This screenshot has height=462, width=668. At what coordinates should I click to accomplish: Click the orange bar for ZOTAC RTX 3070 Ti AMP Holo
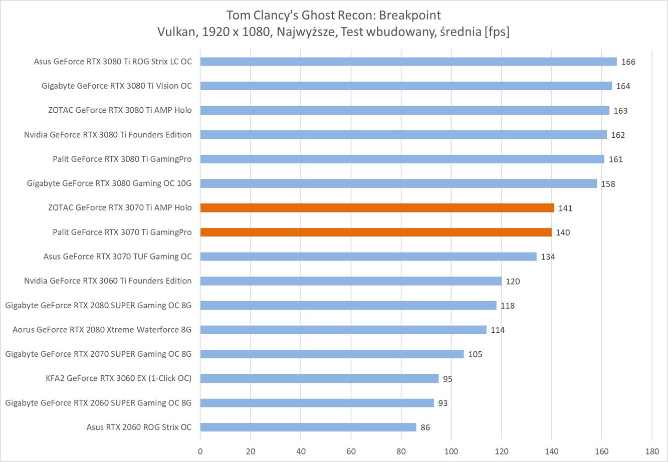pos(377,208)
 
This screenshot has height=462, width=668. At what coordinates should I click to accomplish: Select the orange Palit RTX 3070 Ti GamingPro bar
pos(376,233)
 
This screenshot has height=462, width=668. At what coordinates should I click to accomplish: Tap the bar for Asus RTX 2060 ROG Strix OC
pos(308,427)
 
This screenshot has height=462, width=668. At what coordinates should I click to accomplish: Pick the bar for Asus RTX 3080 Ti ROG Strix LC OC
pos(408,62)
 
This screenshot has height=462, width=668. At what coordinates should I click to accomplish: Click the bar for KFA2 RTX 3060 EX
pos(319,378)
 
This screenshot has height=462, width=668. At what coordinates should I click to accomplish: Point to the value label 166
pos(628,62)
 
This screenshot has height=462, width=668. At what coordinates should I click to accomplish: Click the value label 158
pos(608,184)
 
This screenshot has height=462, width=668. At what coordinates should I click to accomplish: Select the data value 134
pos(548,257)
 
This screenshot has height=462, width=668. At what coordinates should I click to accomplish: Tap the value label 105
pos(475,355)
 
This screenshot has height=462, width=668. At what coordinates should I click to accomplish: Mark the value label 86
pos(425,428)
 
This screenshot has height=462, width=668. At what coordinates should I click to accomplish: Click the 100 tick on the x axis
pos(451,451)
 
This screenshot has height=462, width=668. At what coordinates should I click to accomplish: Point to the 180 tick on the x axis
pos(651,451)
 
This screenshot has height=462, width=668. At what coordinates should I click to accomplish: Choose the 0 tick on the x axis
pos(200,451)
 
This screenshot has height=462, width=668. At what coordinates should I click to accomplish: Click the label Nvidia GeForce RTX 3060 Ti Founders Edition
pos(108,281)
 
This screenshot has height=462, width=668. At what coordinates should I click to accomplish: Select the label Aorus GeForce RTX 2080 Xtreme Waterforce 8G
pos(102,330)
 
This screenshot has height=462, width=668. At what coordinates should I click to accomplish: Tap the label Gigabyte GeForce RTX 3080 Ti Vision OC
pos(117,86)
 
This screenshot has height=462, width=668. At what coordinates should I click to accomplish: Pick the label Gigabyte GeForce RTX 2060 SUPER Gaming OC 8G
pos(99,403)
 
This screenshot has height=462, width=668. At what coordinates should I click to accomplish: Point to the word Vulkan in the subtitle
pos(176,32)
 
